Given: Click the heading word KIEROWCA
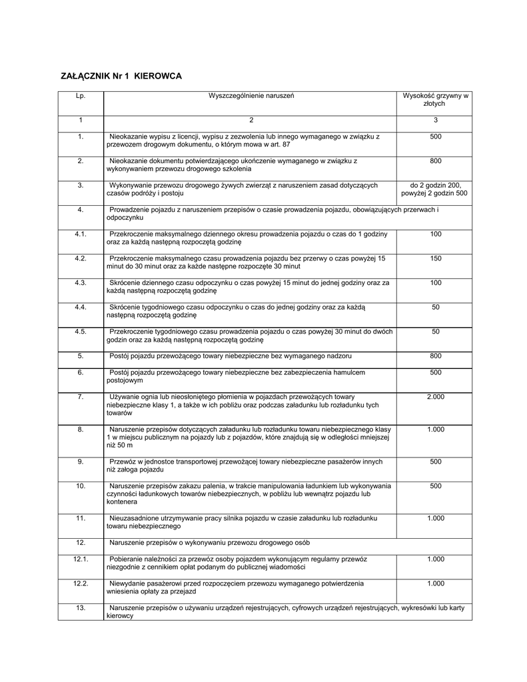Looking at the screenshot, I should (x=158, y=77).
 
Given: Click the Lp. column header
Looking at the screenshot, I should (x=81, y=96).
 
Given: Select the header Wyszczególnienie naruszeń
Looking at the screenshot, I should (x=251, y=96).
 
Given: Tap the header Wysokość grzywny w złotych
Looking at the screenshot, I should (x=435, y=100).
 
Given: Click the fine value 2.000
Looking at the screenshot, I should (x=435, y=397).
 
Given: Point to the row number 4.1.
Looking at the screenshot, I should (x=81, y=234).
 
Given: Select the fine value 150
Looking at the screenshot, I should (x=435, y=258).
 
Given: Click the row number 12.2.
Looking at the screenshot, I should (x=81, y=583).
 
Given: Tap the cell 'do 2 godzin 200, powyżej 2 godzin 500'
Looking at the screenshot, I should (x=435, y=189).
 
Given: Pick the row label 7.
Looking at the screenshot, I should (x=81, y=397).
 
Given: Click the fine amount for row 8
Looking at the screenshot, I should (x=435, y=430).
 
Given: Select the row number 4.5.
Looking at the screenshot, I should (x=81, y=332).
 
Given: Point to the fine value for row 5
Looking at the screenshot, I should (x=435, y=356).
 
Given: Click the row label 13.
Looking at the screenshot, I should (x=81, y=608).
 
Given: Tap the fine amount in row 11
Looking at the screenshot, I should (x=435, y=518).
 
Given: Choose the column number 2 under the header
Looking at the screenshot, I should (x=251, y=120).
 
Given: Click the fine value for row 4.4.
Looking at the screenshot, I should (x=435, y=307).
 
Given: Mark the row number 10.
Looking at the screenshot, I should (x=81, y=486).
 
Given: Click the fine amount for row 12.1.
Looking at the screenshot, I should (x=435, y=559).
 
